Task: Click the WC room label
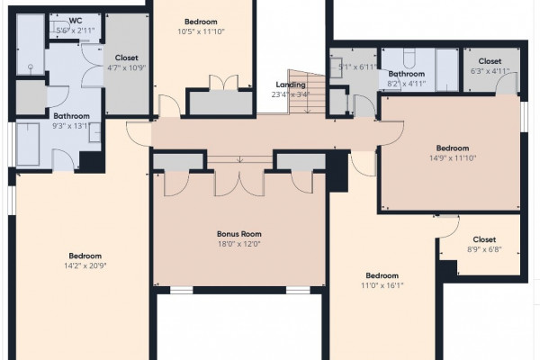pos(76,21)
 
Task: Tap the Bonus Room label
pos(239,234)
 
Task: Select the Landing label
pos(291,85)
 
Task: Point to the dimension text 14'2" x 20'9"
pos(85,266)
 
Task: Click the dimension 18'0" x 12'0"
pos(239,244)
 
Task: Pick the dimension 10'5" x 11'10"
pos(201,31)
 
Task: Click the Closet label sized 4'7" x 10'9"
pos(126,58)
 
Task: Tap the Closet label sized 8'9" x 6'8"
pos(484,239)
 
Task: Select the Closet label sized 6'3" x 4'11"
pos(490,61)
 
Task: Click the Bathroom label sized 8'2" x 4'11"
pos(407,74)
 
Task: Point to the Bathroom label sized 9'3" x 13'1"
pos(71,116)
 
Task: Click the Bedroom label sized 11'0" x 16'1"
pos(382,275)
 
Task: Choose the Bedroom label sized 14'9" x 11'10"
pos(453,148)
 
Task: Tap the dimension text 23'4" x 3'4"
pos(291,94)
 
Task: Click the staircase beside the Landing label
pos(307,92)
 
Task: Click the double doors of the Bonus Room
pos(239,183)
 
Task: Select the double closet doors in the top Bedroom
pos(224,83)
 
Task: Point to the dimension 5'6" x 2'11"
pos(76,31)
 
